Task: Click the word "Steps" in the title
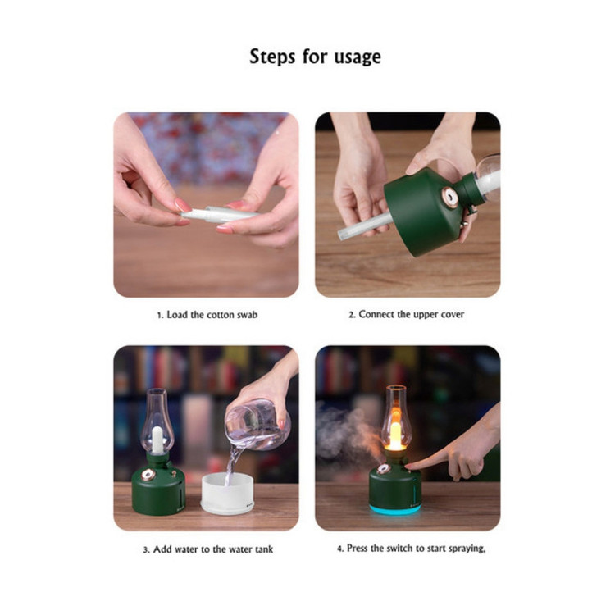click(272, 57)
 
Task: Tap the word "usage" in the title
click(358, 57)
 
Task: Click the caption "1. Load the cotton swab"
click(207, 315)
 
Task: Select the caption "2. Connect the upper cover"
click(407, 314)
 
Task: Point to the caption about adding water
click(208, 549)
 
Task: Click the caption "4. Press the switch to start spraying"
click(411, 549)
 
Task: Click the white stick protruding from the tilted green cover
click(365, 226)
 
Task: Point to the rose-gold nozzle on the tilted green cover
click(449, 196)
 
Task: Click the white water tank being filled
click(227, 494)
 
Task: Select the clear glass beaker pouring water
click(257, 425)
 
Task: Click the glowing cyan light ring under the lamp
click(395, 509)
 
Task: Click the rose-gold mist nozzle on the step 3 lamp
click(148, 475)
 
